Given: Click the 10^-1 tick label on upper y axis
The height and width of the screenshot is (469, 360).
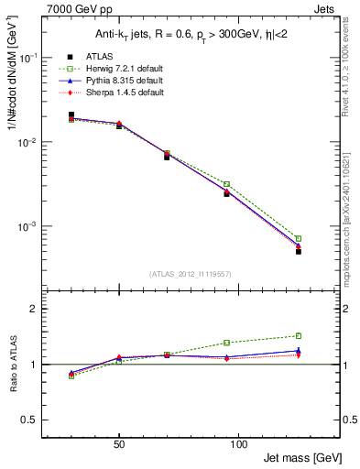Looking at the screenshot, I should click(x=28, y=57).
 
